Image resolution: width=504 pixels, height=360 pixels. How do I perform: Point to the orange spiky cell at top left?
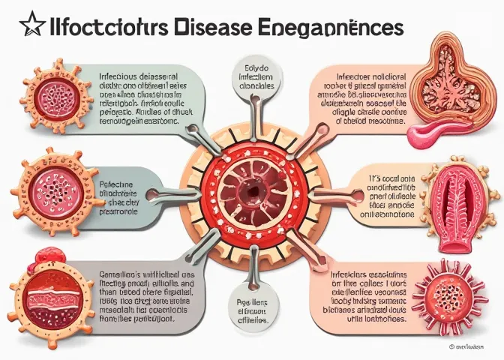pyautogui.click(x=52, y=95)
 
